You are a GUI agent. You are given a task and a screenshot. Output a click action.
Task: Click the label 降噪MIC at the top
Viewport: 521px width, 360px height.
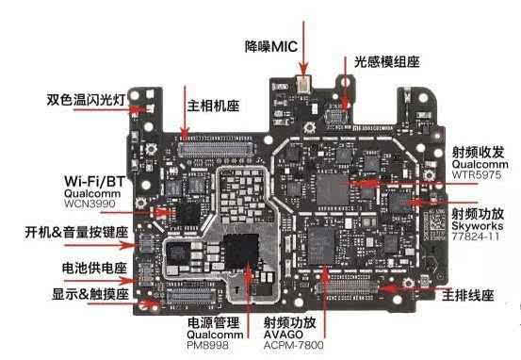pyautogui.click(x=270, y=46)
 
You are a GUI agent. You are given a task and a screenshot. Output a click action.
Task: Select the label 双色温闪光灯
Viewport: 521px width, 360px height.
pyautogui.click(x=89, y=99)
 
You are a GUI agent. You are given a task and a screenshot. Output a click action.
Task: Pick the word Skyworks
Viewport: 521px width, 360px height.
pyautogui.click(x=478, y=228)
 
